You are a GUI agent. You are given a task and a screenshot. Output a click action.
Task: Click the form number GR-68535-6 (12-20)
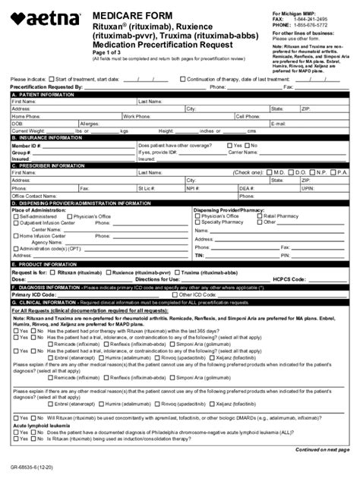[x=32, y=470]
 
